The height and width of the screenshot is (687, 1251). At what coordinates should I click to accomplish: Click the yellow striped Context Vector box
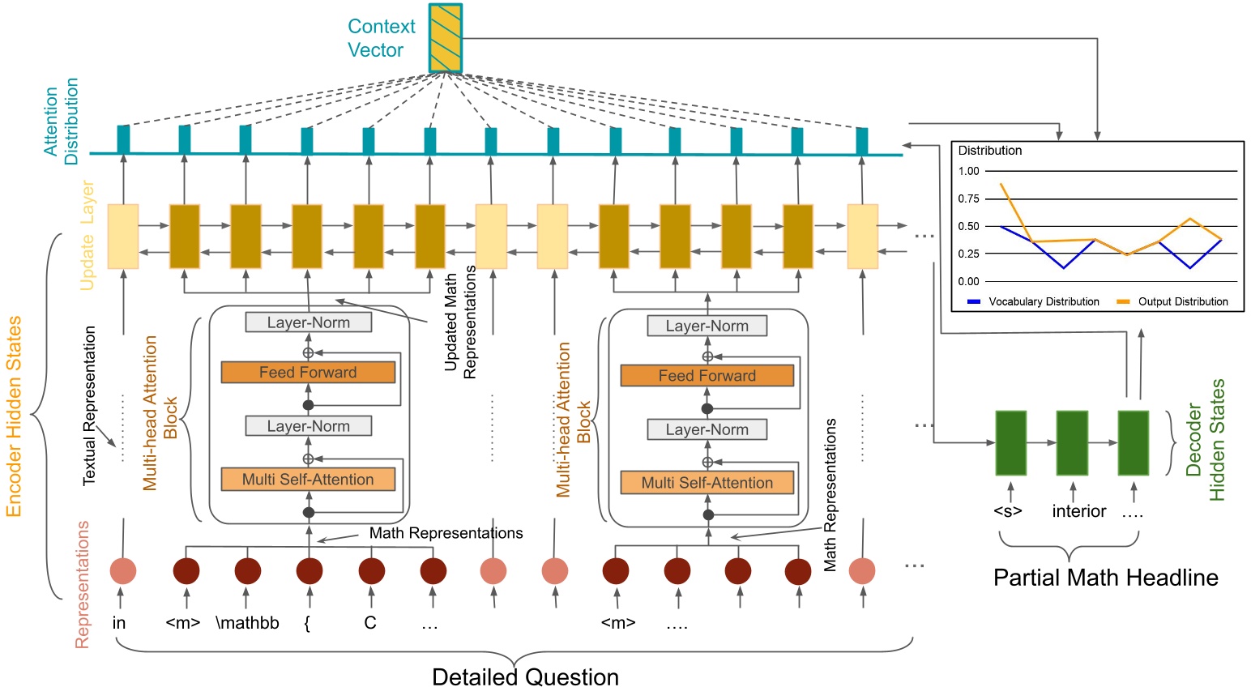pyautogui.click(x=445, y=38)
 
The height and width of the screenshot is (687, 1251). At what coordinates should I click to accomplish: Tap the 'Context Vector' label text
pyautogui.click(x=381, y=38)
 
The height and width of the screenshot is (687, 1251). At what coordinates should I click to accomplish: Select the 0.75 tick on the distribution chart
pyautogui.click(x=968, y=198)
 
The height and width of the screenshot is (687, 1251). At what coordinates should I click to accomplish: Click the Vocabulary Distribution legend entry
pyautogui.click(x=1034, y=301)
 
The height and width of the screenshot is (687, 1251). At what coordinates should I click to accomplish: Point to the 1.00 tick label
pyautogui.click(x=968, y=171)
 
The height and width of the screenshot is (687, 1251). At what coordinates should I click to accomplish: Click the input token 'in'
pyautogui.click(x=119, y=623)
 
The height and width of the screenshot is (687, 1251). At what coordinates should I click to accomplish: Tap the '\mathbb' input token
pyautogui.click(x=247, y=623)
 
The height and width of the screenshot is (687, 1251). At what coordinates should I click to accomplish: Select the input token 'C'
pyautogui.click(x=370, y=623)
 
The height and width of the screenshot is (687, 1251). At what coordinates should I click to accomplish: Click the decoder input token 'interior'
pyautogui.click(x=1078, y=511)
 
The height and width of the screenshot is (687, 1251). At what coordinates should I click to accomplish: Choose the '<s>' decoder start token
pyautogui.click(x=1008, y=511)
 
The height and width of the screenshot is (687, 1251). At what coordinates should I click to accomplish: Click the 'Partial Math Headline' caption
pyautogui.click(x=1105, y=578)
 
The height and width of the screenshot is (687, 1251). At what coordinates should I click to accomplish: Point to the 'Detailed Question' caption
pyautogui.click(x=525, y=676)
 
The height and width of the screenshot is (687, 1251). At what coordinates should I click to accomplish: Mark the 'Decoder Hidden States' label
pyautogui.click(x=1205, y=440)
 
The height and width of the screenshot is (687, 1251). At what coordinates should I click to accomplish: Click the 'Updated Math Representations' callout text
pyautogui.click(x=460, y=322)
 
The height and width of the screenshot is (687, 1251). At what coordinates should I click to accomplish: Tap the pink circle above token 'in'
pyautogui.click(x=123, y=571)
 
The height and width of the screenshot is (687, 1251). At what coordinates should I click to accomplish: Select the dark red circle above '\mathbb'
pyautogui.click(x=248, y=571)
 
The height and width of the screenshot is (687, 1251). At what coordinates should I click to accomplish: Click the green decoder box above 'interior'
pyautogui.click(x=1072, y=442)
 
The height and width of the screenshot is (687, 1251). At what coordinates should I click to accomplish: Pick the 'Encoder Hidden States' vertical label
pyautogui.click(x=14, y=416)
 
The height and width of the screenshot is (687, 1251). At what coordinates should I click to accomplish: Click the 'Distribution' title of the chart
pyautogui.click(x=989, y=151)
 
